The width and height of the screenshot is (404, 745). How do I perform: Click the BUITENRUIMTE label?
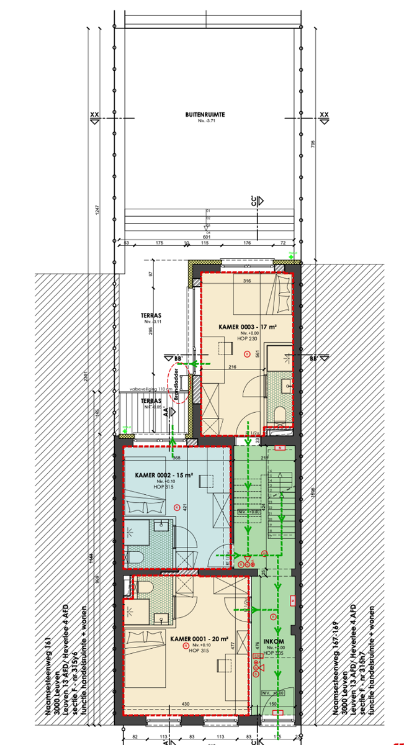pyautogui.click(x=204, y=115)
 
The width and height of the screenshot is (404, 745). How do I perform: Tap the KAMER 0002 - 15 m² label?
pyautogui.click(x=164, y=476)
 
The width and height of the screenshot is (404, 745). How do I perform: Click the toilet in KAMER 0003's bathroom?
pyautogui.click(x=280, y=413)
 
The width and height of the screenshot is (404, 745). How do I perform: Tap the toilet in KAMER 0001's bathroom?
pyautogui.click(x=145, y=587)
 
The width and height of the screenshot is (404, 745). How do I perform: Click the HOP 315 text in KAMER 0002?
pyautogui.click(x=163, y=487)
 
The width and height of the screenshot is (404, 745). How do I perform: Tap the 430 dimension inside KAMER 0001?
pyautogui.click(x=186, y=703)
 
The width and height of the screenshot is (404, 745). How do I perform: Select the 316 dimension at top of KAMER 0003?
pyautogui.click(x=246, y=281)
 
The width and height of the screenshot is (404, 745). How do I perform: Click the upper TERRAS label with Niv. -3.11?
pyautogui.click(x=151, y=316)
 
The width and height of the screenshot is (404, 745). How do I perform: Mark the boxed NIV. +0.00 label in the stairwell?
pyautogui.click(x=246, y=512)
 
